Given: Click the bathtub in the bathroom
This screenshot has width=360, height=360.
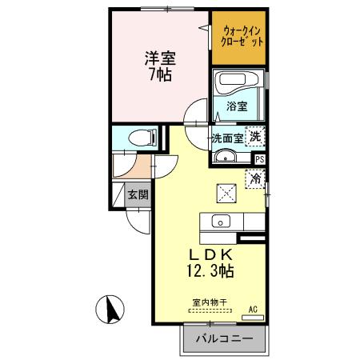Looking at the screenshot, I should click(x=238, y=83).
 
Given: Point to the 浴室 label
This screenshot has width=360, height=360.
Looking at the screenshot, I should click(x=238, y=106).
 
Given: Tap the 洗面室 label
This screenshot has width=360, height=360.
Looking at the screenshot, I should click(x=226, y=137).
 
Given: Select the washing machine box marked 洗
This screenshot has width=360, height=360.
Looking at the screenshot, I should click(x=254, y=136).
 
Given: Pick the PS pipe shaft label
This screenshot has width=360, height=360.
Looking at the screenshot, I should click(x=258, y=158).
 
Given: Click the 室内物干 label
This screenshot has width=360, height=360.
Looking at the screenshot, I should click(x=210, y=303).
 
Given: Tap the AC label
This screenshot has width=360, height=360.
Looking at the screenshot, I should click(x=252, y=309).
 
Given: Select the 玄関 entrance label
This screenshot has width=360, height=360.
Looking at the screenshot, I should click(x=137, y=194).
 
